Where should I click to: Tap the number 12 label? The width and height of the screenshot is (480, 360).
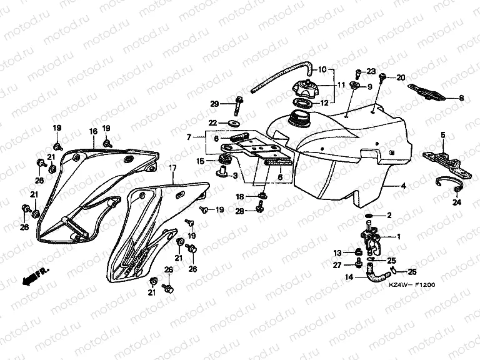[x=324, y=102]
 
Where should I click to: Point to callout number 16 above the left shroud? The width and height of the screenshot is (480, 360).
[x=92, y=131]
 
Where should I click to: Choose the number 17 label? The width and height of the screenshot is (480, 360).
[x=172, y=168]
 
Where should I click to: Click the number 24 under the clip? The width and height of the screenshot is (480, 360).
[x=457, y=202]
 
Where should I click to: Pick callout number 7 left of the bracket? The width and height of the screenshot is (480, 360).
[x=189, y=137]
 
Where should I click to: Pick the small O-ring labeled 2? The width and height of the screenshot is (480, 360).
[x=371, y=216]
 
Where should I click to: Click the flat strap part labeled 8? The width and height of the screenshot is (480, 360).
[x=431, y=92]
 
